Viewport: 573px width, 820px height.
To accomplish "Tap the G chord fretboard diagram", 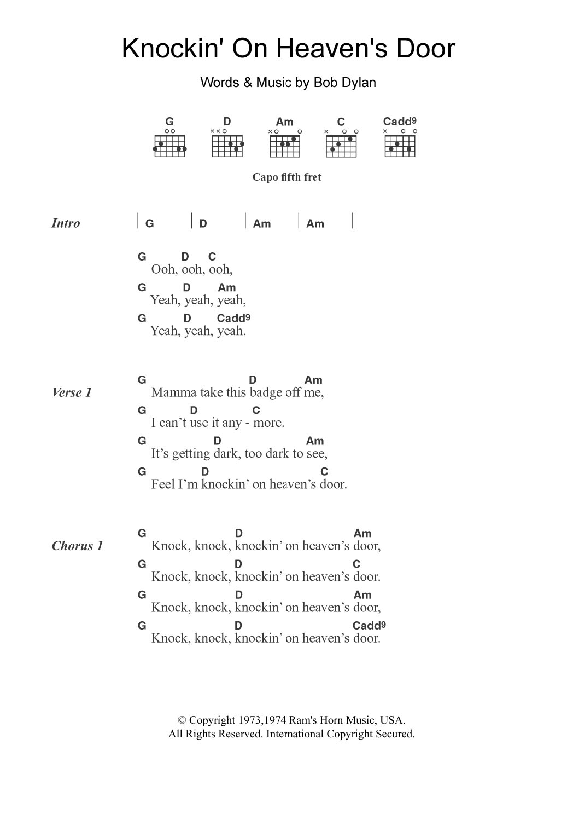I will pyautogui.click(x=169, y=146).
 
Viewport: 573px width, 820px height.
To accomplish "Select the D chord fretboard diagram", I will pyautogui.click(x=227, y=146).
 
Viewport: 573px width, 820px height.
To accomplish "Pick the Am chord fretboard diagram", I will pyautogui.click(x=285, y=146).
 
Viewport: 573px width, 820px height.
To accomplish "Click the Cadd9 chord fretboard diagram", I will pyautogui.click(x=400, y=146).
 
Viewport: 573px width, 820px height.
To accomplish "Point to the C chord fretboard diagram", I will pyautogui.click(x=342, y=146).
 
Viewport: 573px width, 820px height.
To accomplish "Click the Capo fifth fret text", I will pyautogui.click(x=286, y=177).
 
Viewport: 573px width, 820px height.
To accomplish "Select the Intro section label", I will pyautogui.click(x=66, y=223).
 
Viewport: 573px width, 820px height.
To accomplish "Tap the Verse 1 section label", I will pyautogui.click(x=72, y=392).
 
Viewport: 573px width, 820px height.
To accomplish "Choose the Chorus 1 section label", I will pyautogui.click(x=77, y=546).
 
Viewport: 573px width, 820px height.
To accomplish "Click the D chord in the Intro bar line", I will pyautogui.click(x=203, y=223).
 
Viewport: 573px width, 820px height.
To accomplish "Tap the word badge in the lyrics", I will pyautogui.click(x=263, y=392).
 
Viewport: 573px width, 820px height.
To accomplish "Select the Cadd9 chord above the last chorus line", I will pyautogui.click(x=369, y=625).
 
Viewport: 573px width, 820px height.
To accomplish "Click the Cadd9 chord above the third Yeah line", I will pyautogui.click(x=233, y=318).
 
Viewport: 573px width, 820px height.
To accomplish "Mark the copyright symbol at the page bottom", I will pyautogui.click(x=183, y=721).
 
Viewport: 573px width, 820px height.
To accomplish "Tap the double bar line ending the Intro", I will pyautogui.click(x=354, y=221).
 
